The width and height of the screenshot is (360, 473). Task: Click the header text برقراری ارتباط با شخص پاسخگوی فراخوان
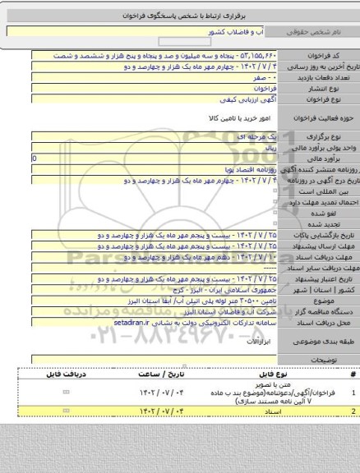coord(181,15)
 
